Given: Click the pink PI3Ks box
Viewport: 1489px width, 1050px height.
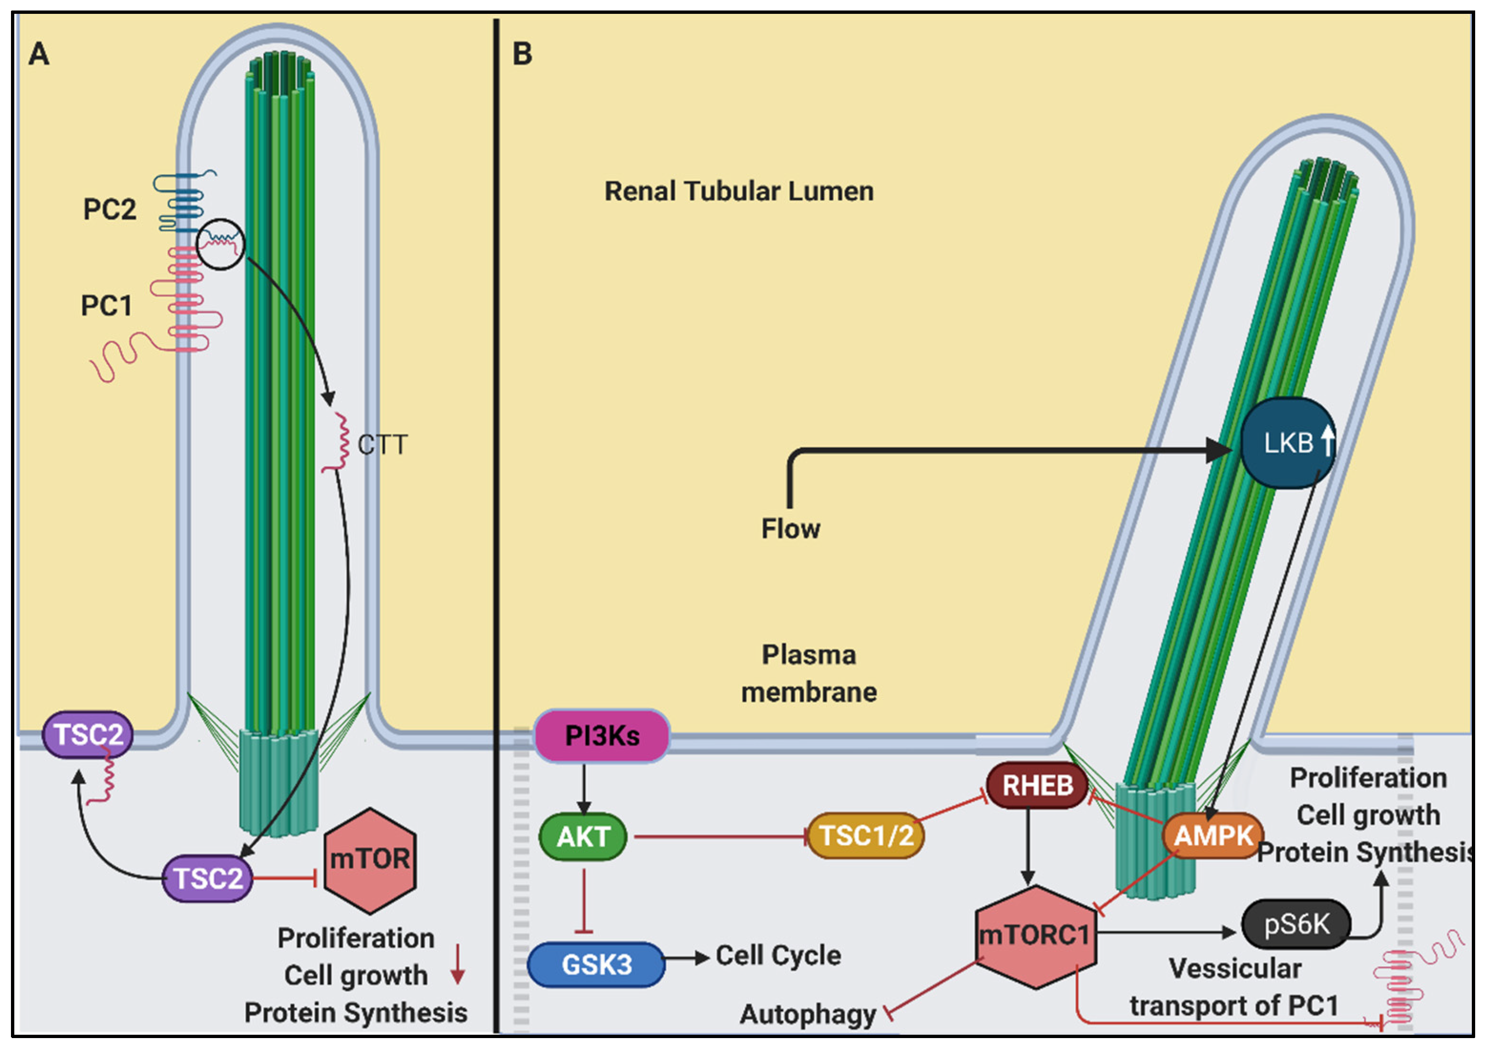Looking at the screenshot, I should [601, 736].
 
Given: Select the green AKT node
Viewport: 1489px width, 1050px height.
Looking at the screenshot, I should [582, 837].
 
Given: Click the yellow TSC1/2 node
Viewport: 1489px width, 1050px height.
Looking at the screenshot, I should [866, 835].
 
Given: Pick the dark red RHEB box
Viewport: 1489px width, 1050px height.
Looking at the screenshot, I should [1037, 785].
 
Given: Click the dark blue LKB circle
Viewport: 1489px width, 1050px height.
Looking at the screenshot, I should [1288, 444].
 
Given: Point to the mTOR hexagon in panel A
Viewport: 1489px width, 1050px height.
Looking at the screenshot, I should [370, 860].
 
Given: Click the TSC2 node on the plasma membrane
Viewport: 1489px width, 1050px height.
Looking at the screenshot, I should [88, 735].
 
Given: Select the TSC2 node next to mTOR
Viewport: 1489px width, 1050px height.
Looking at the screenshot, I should [207, 879].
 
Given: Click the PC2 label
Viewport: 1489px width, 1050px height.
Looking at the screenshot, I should [110, 209].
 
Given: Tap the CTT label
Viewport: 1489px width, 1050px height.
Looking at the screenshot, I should [383, 445].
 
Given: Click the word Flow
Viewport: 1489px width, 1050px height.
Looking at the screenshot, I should [790, 529].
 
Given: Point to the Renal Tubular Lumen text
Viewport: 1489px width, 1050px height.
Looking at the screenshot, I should [739, 191].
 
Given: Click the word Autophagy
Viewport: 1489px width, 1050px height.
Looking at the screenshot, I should [807, 1014].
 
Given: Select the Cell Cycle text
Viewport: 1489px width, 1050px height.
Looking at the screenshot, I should [778, 956].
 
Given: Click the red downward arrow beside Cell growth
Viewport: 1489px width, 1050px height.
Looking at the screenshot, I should [458, 965].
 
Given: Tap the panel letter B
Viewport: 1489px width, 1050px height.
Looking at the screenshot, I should [522, 54].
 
